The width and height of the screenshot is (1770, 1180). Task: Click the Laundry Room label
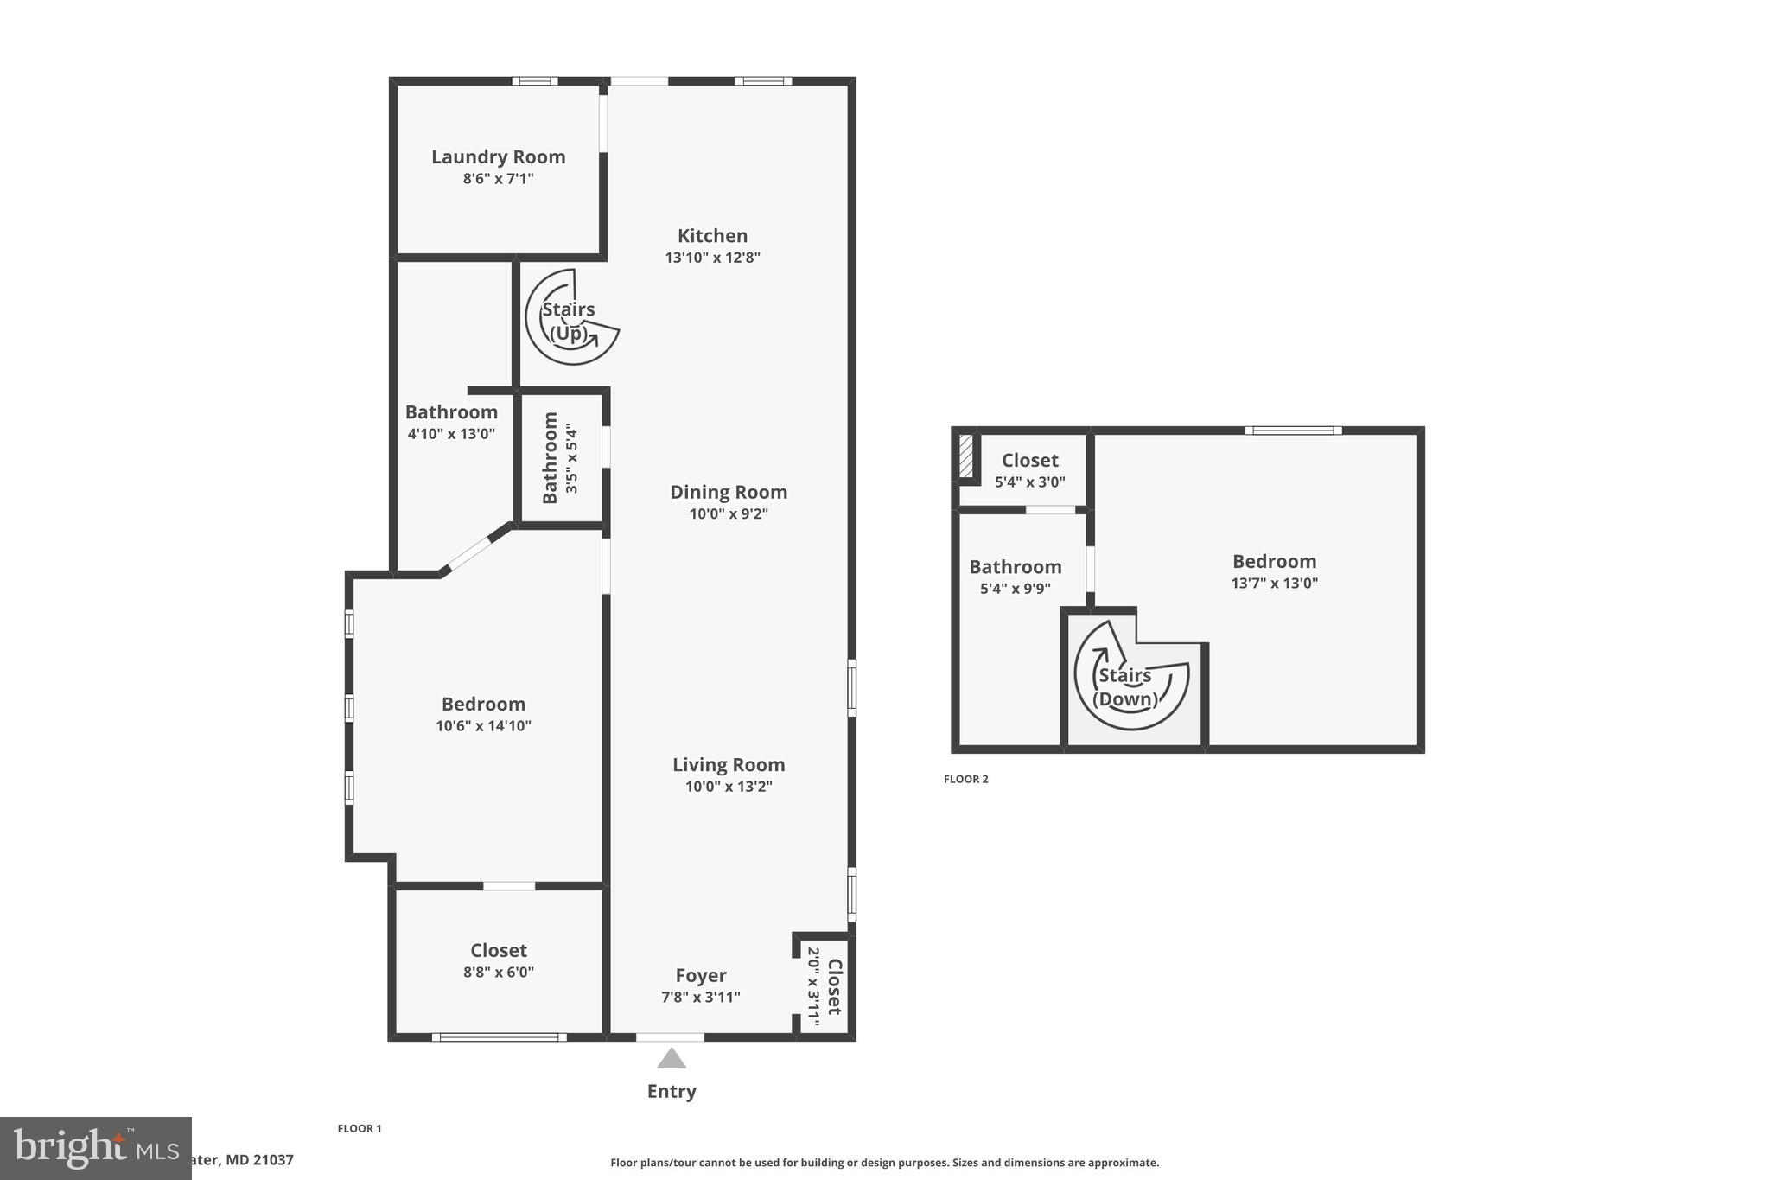click(498, 157)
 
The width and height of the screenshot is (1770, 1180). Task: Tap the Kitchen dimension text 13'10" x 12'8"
click(712, 258)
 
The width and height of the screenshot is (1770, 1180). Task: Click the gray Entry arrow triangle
click(672, 1059)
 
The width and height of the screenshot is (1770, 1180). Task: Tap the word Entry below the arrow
click(672, 1091)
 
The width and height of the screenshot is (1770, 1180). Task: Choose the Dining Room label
click(729, 492)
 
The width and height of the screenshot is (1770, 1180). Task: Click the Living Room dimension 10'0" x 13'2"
click(729, 787)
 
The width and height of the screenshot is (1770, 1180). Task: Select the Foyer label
click(700, 975)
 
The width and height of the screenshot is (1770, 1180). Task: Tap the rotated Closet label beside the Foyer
click(834, 986)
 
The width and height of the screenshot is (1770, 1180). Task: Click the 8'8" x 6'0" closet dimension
click(499, 973)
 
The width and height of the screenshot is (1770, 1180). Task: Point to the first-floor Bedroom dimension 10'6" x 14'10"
click(483, 726)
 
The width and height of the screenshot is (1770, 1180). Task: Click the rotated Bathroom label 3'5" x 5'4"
click(551, 457)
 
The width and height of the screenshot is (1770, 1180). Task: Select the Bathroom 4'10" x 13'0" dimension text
click(451, 434)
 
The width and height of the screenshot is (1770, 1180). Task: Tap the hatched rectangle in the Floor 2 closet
click(965, 456)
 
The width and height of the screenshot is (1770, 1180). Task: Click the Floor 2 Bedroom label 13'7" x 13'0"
click(1274, 562)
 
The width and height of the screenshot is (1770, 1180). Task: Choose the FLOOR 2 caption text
click(965, 779)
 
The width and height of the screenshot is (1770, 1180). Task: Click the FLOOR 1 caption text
click(359, 1128)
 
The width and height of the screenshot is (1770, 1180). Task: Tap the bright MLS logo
click(95, 1148)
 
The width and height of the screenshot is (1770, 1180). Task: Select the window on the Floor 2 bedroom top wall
click(1293, 431)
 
